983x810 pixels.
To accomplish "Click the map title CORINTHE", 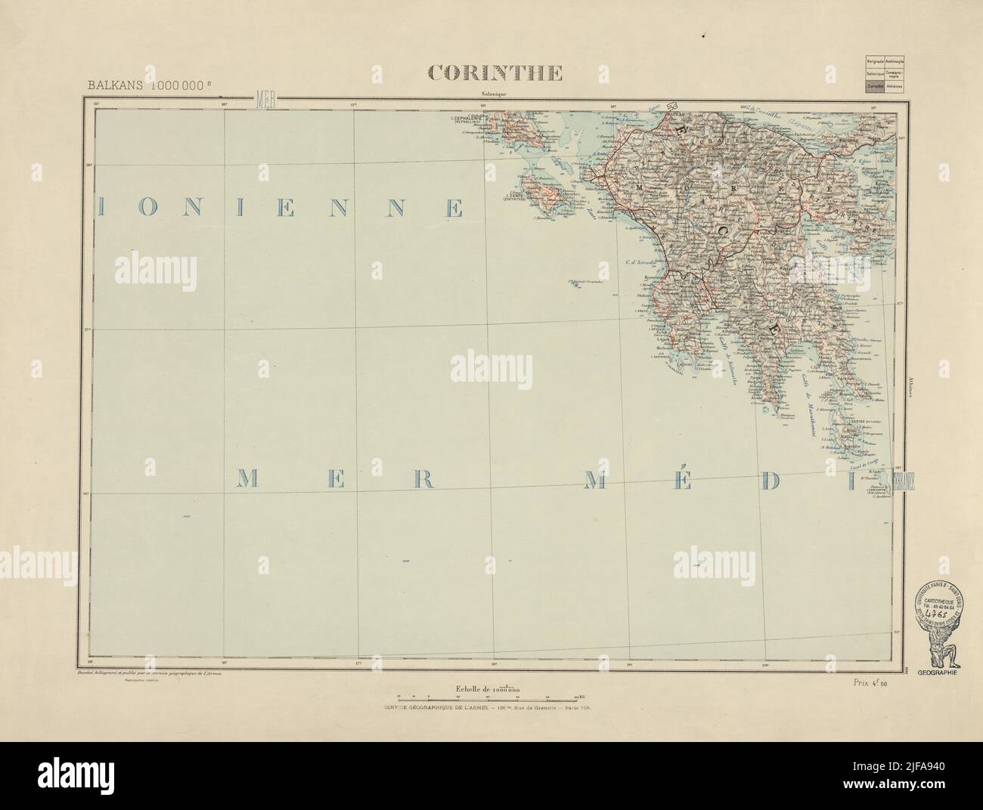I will tap(495, 73).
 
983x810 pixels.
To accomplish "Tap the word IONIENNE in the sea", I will tap(280, 209).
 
